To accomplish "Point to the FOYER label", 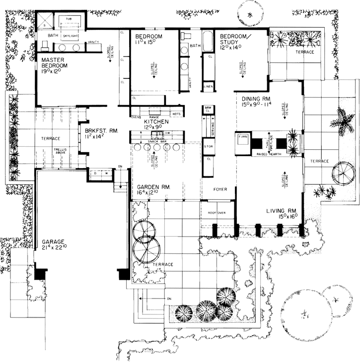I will (220, 189).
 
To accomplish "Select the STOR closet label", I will (209, 146).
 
